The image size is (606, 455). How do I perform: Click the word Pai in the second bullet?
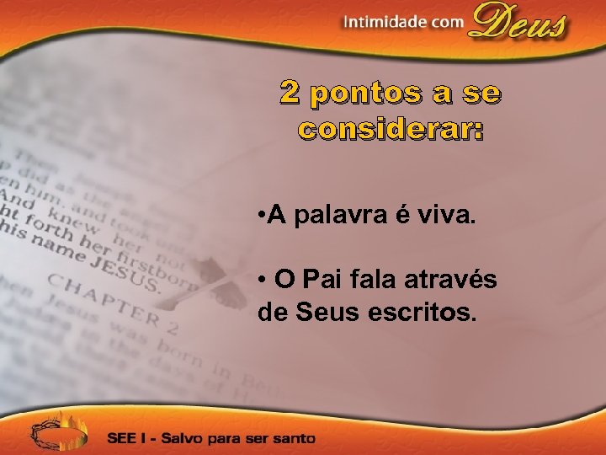coord(321,280)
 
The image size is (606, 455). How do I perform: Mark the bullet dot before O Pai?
coord(263,281)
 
